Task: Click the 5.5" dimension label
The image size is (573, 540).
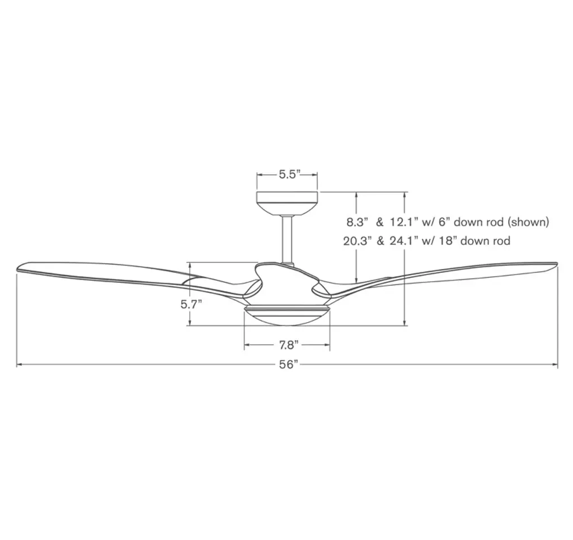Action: pyautogui.click(x=289, y=175)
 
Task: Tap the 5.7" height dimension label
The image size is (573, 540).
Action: pyautogui.click(x=191, y=304)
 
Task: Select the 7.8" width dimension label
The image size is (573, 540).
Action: pyautogui.click(x=289, y=345)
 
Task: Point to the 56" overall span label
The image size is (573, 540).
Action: pyautogui.click(x=289, y=365)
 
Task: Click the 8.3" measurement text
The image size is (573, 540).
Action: pyautogui.click(x=357, y=222)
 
